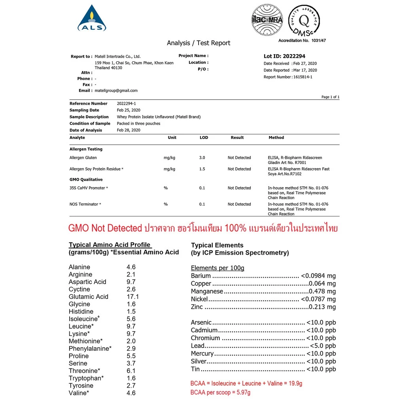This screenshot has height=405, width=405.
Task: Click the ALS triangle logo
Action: click(x=92, y=19)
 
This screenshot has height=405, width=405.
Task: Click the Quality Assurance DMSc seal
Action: click(x=304, y=21)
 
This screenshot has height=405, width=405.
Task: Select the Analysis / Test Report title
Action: click(x=198, y=43)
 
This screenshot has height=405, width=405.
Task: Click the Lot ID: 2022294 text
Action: click(x=284, y=56)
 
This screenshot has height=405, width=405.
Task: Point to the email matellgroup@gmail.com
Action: click(x=116, y=91)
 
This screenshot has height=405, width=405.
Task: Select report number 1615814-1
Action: click(x=303, y=77)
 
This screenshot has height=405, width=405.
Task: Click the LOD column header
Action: click(x=204, y=138)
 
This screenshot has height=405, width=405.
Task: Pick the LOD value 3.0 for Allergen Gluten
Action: click(x=202, y=158)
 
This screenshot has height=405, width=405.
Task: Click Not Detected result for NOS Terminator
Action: click(x=239, y=204)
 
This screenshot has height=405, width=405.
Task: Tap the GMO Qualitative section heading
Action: click(x=86, y=180)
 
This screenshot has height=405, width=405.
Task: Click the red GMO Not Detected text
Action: click(x=105, y=228)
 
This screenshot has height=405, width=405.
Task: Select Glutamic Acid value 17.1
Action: click(x=132, y=297)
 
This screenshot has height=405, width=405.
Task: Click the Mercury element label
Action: click(x=202, y=354)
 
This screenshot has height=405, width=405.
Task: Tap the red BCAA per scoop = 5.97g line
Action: click(x=220, y=392)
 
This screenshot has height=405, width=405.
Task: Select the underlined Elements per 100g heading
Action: click(x=218, y=268)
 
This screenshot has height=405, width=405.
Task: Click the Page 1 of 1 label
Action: click(x=330, y=97)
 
